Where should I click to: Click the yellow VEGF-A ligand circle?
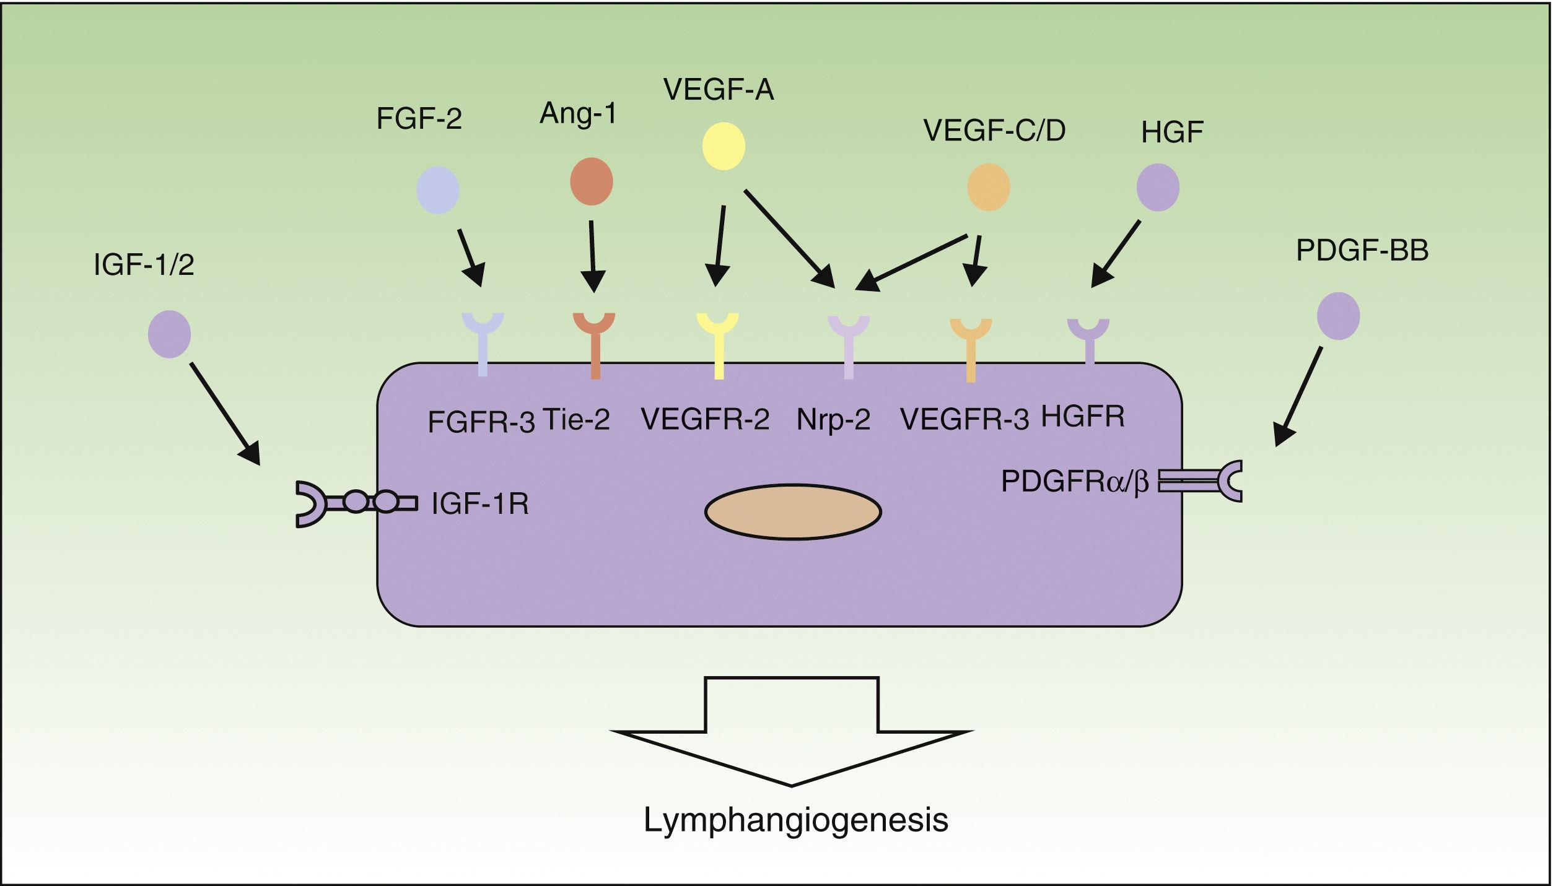pyautogui.click(x=723, y=146)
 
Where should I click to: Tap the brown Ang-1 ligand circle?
pyautogui.click(x=591, y=181)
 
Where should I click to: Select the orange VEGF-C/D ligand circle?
pyautogui.click(x=989, y=187)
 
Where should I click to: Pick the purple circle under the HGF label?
pyautogui.click(x=1158, y=187)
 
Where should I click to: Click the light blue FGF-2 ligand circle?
pyautogui.click(x=438, y=190)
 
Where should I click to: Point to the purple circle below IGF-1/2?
pyautogui.click(x=169, y=334)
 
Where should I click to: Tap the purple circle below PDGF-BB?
pyautogui.click(x=1338, y=316)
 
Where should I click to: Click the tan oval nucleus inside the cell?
pyautogui.click(x=793, y=512)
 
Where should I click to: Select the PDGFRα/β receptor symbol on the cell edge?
pyautogui.click(x=1202, y=480)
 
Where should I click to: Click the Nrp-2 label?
pyautogui.click(x=833, y=420)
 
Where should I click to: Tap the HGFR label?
pyautogui.click(x=1082, y=417)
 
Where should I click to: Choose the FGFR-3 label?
pyautogui.click(x=481, y=422)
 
